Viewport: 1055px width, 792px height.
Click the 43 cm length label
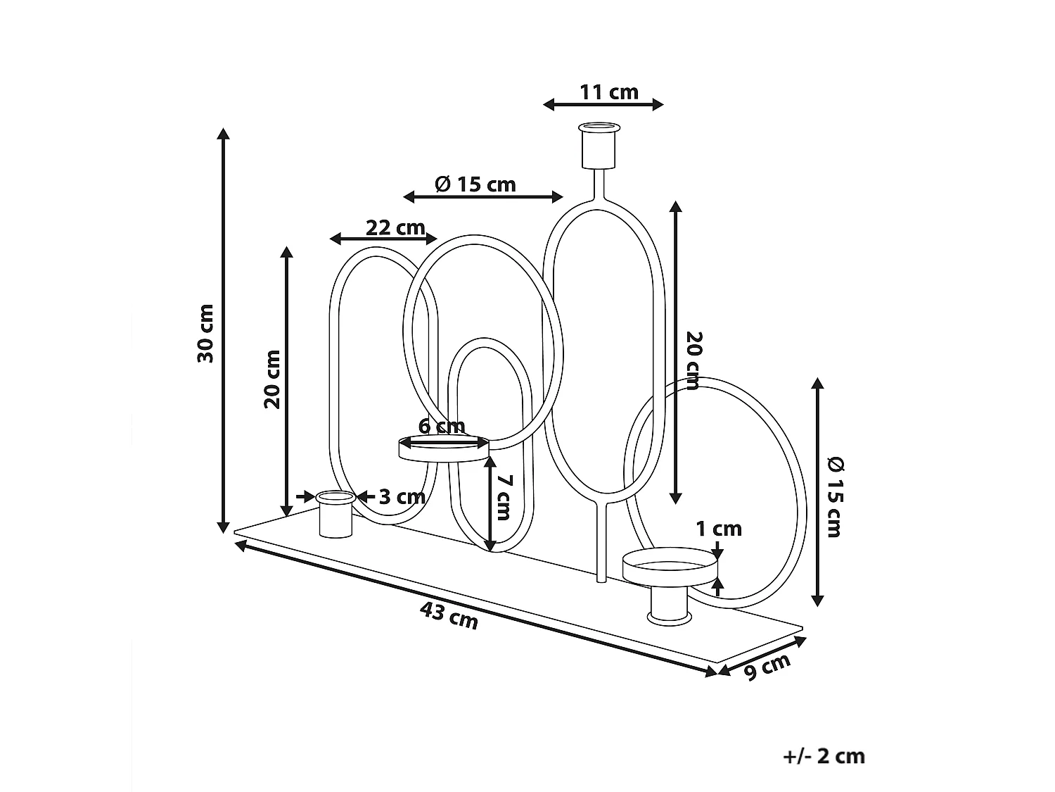(x=449, y=616)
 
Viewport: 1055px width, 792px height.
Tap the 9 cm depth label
(x=768, y=666)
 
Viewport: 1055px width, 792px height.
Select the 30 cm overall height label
(x=205, y=333)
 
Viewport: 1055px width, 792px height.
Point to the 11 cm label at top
(x=609, y=92)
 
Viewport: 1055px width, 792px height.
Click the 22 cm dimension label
(x=395, y=227)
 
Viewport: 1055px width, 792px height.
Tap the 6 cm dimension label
(x=442, y=426)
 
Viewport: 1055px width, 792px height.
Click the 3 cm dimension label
(x=402, y=497)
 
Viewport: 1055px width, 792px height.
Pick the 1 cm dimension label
(x=719, y=528)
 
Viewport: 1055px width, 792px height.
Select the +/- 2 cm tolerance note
(x=824, y=756)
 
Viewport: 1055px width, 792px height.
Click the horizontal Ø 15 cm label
(x=475, y=184)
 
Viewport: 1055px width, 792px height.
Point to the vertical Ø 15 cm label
(x=834, y=496)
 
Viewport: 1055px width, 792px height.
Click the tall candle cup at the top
(x=600, y=146)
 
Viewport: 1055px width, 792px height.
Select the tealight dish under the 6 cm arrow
(x=443, y=448)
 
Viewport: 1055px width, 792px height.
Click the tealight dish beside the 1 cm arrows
(x=670, y=567)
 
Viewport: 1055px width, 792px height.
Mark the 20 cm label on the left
(x=272, y=379)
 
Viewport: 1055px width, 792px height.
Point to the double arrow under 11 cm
(x=603, y=105)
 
